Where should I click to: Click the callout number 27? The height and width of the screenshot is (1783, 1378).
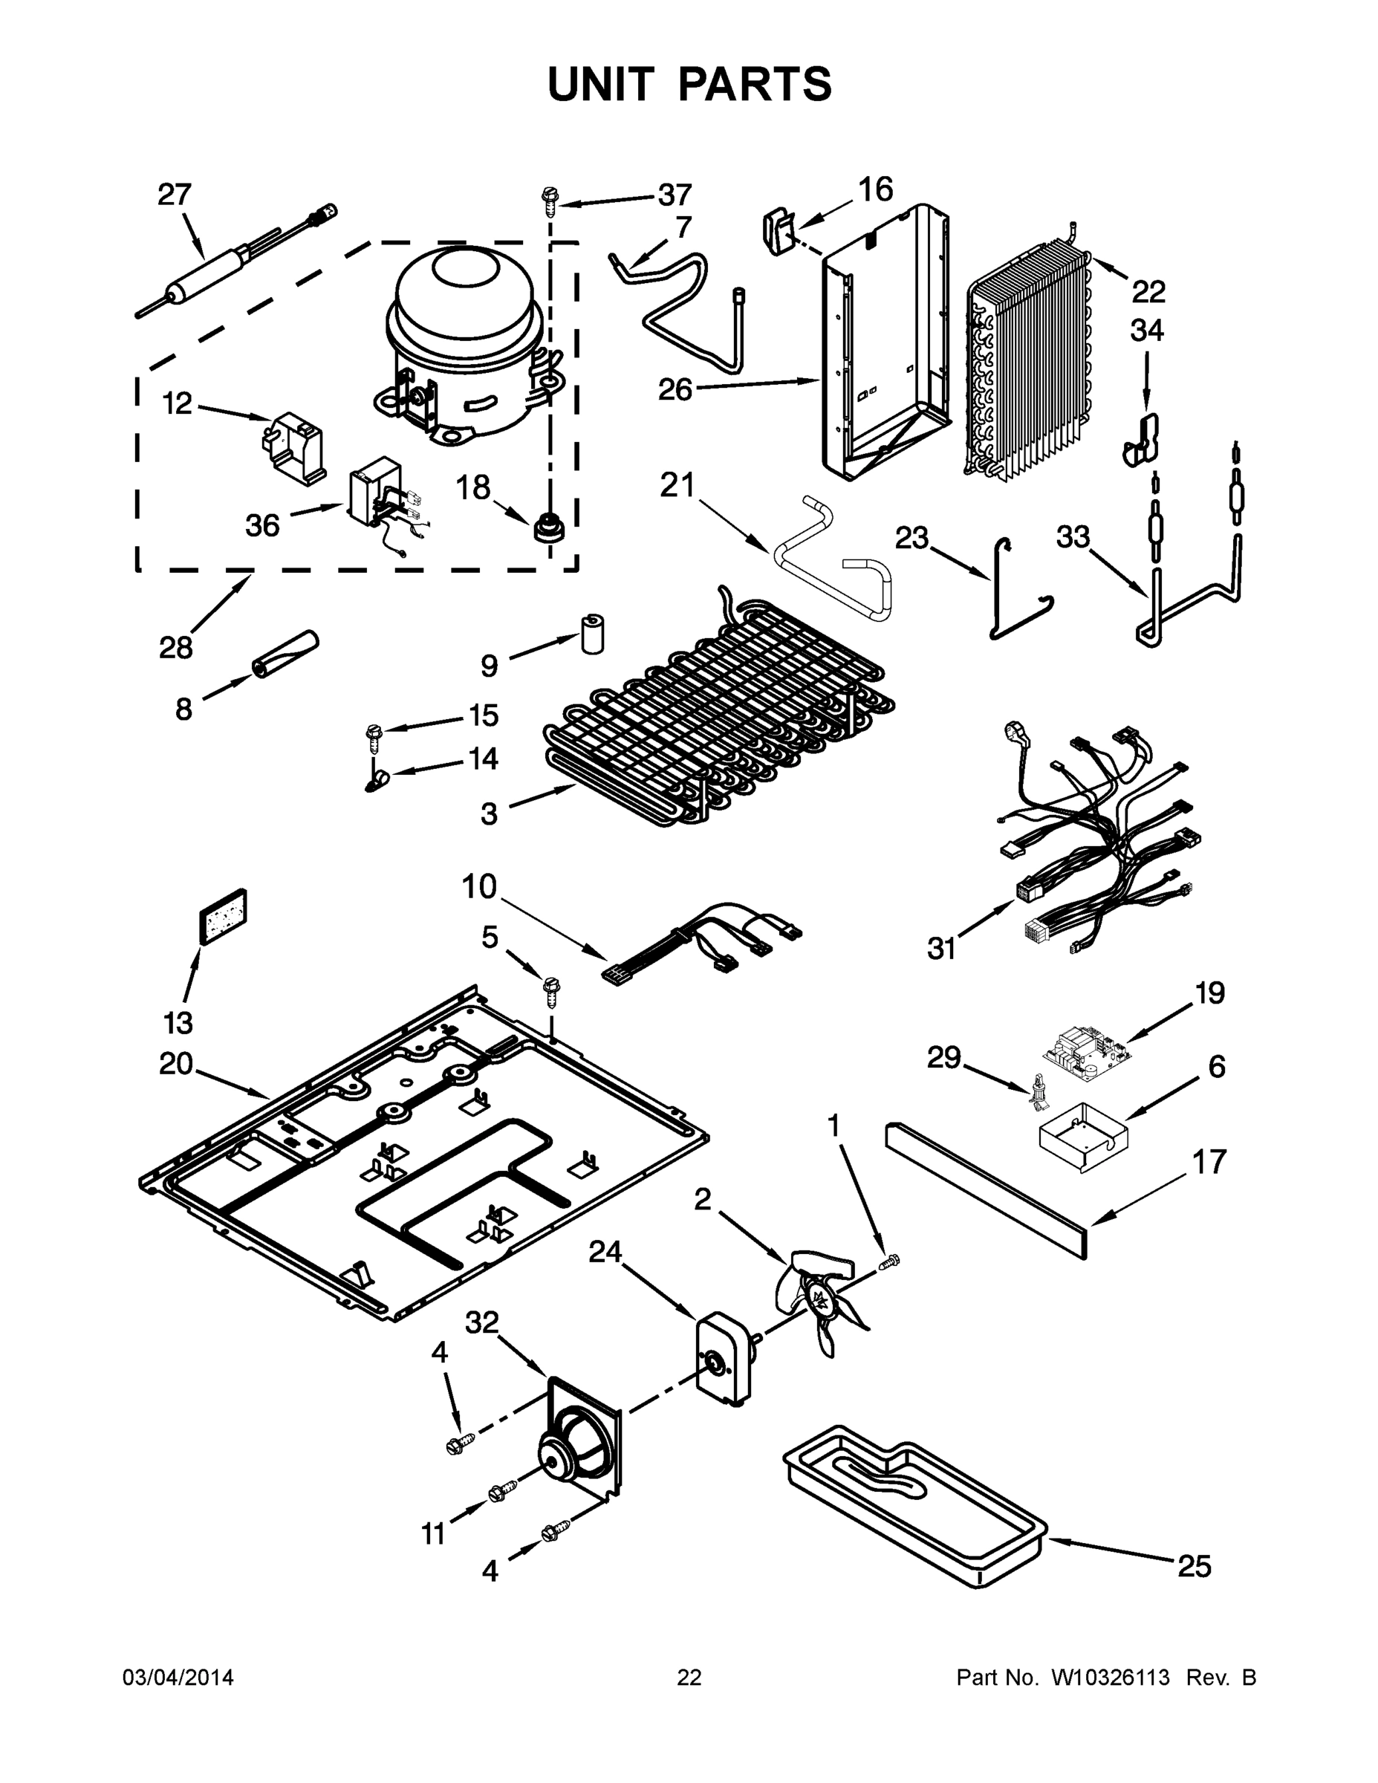pyautogui.click(x=174, y=195)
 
